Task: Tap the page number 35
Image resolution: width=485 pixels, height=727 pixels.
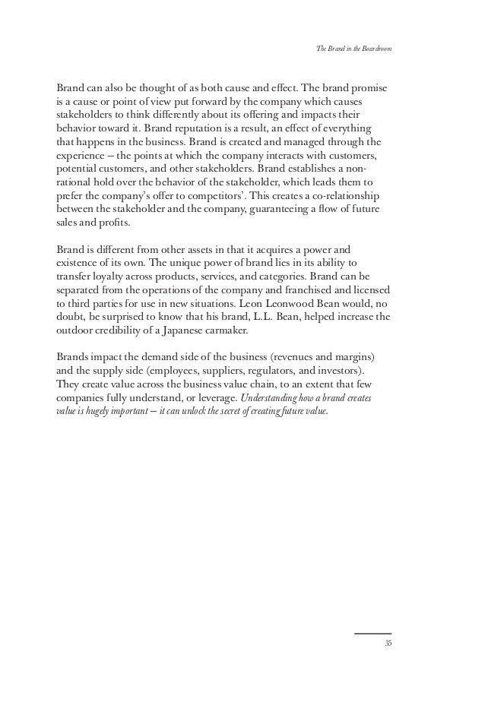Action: (x=387, y=643)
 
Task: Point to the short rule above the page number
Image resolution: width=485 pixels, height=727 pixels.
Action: (x=373, y=633)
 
